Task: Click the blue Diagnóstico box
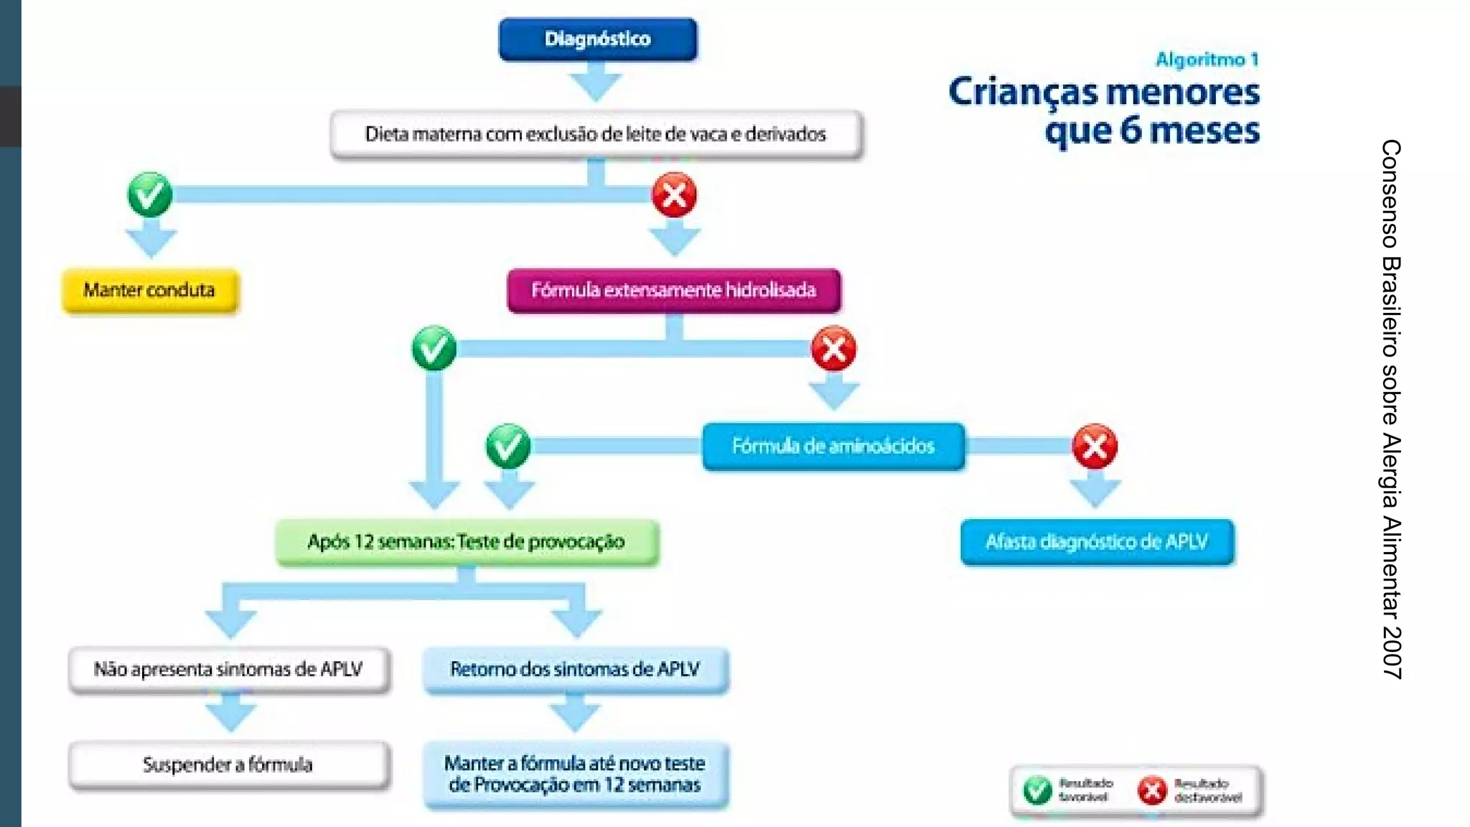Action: tap(597, 39)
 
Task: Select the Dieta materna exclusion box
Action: tap(596, 134)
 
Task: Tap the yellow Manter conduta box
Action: tap(150, 291)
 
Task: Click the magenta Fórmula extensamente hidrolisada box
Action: tap(673, 290)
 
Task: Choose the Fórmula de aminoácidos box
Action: tap(833, 446)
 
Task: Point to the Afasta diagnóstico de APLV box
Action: tap(1097, 541)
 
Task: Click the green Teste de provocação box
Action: tap(467, 542)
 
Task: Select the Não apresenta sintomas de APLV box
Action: tap(229, 669)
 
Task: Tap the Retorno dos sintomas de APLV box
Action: tap(575, 669)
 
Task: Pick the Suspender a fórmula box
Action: tap(229, 765)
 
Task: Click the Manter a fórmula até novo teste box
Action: tap(575, 774)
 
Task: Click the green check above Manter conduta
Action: tap(150, 195)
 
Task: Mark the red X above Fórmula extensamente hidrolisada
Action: tap(674, 195)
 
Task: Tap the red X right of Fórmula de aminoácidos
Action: tap(1095, 447)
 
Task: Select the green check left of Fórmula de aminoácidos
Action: tap(508, 447)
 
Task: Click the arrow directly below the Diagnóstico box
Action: tap(596, 82)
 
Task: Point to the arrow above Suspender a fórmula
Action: tap(230, 714)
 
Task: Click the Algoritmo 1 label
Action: tap(1207, 60)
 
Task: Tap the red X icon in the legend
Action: tap(1152, 790)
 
